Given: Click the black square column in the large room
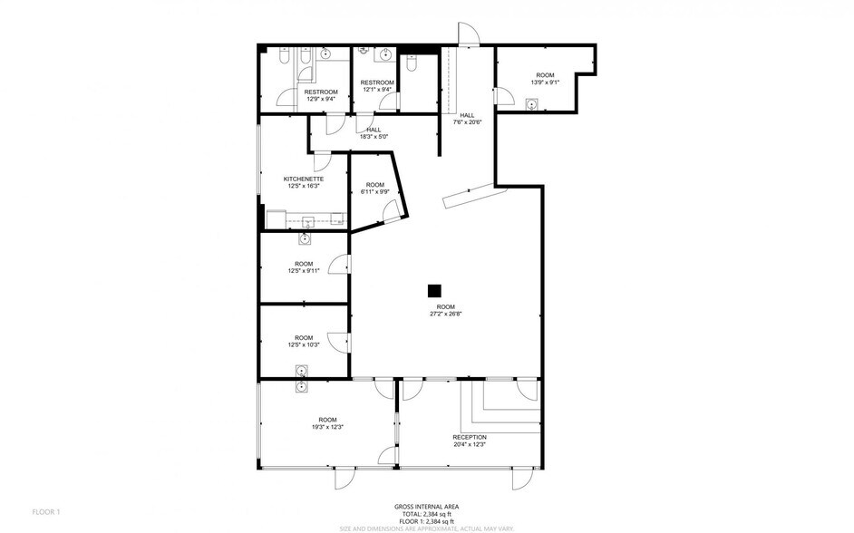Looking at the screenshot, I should [x=434, y=291].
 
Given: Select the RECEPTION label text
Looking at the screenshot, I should [x=470, y=437].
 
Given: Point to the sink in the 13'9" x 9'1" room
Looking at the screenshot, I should [x=531, y=103].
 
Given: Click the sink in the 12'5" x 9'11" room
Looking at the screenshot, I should [x=305, y=239].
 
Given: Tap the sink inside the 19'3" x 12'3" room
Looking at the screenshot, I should [x=301, y=387].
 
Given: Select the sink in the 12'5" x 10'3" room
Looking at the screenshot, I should [x=301, y=370].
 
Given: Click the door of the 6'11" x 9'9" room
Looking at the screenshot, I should [x=391, y=212].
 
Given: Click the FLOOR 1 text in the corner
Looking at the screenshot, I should [x=45, y=512].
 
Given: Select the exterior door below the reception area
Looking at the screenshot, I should [x=522, y=480].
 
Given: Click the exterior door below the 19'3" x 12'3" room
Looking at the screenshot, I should [x=347, y=480].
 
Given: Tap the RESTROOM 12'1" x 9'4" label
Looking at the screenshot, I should [x=377, y=86].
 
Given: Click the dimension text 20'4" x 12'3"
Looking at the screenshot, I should [x=470, y=444].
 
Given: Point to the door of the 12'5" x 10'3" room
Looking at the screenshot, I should [x=339, y=341].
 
